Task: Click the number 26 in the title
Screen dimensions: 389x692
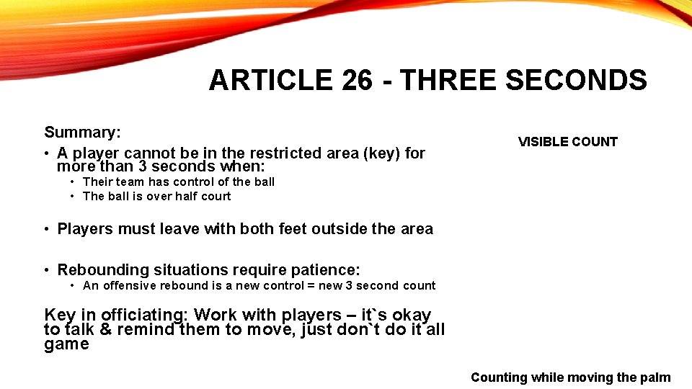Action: pyautogui.click(x=358, y=80)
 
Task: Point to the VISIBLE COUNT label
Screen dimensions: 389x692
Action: pyautogui.click(x=567, y=142)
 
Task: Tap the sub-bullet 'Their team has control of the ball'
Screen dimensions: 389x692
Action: pyautogui.click(x=179, y=182)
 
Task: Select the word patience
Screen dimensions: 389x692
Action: pyautogui.click(x=324, y=270)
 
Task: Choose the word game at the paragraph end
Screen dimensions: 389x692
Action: pyautogui.click(x=66, y=344)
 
